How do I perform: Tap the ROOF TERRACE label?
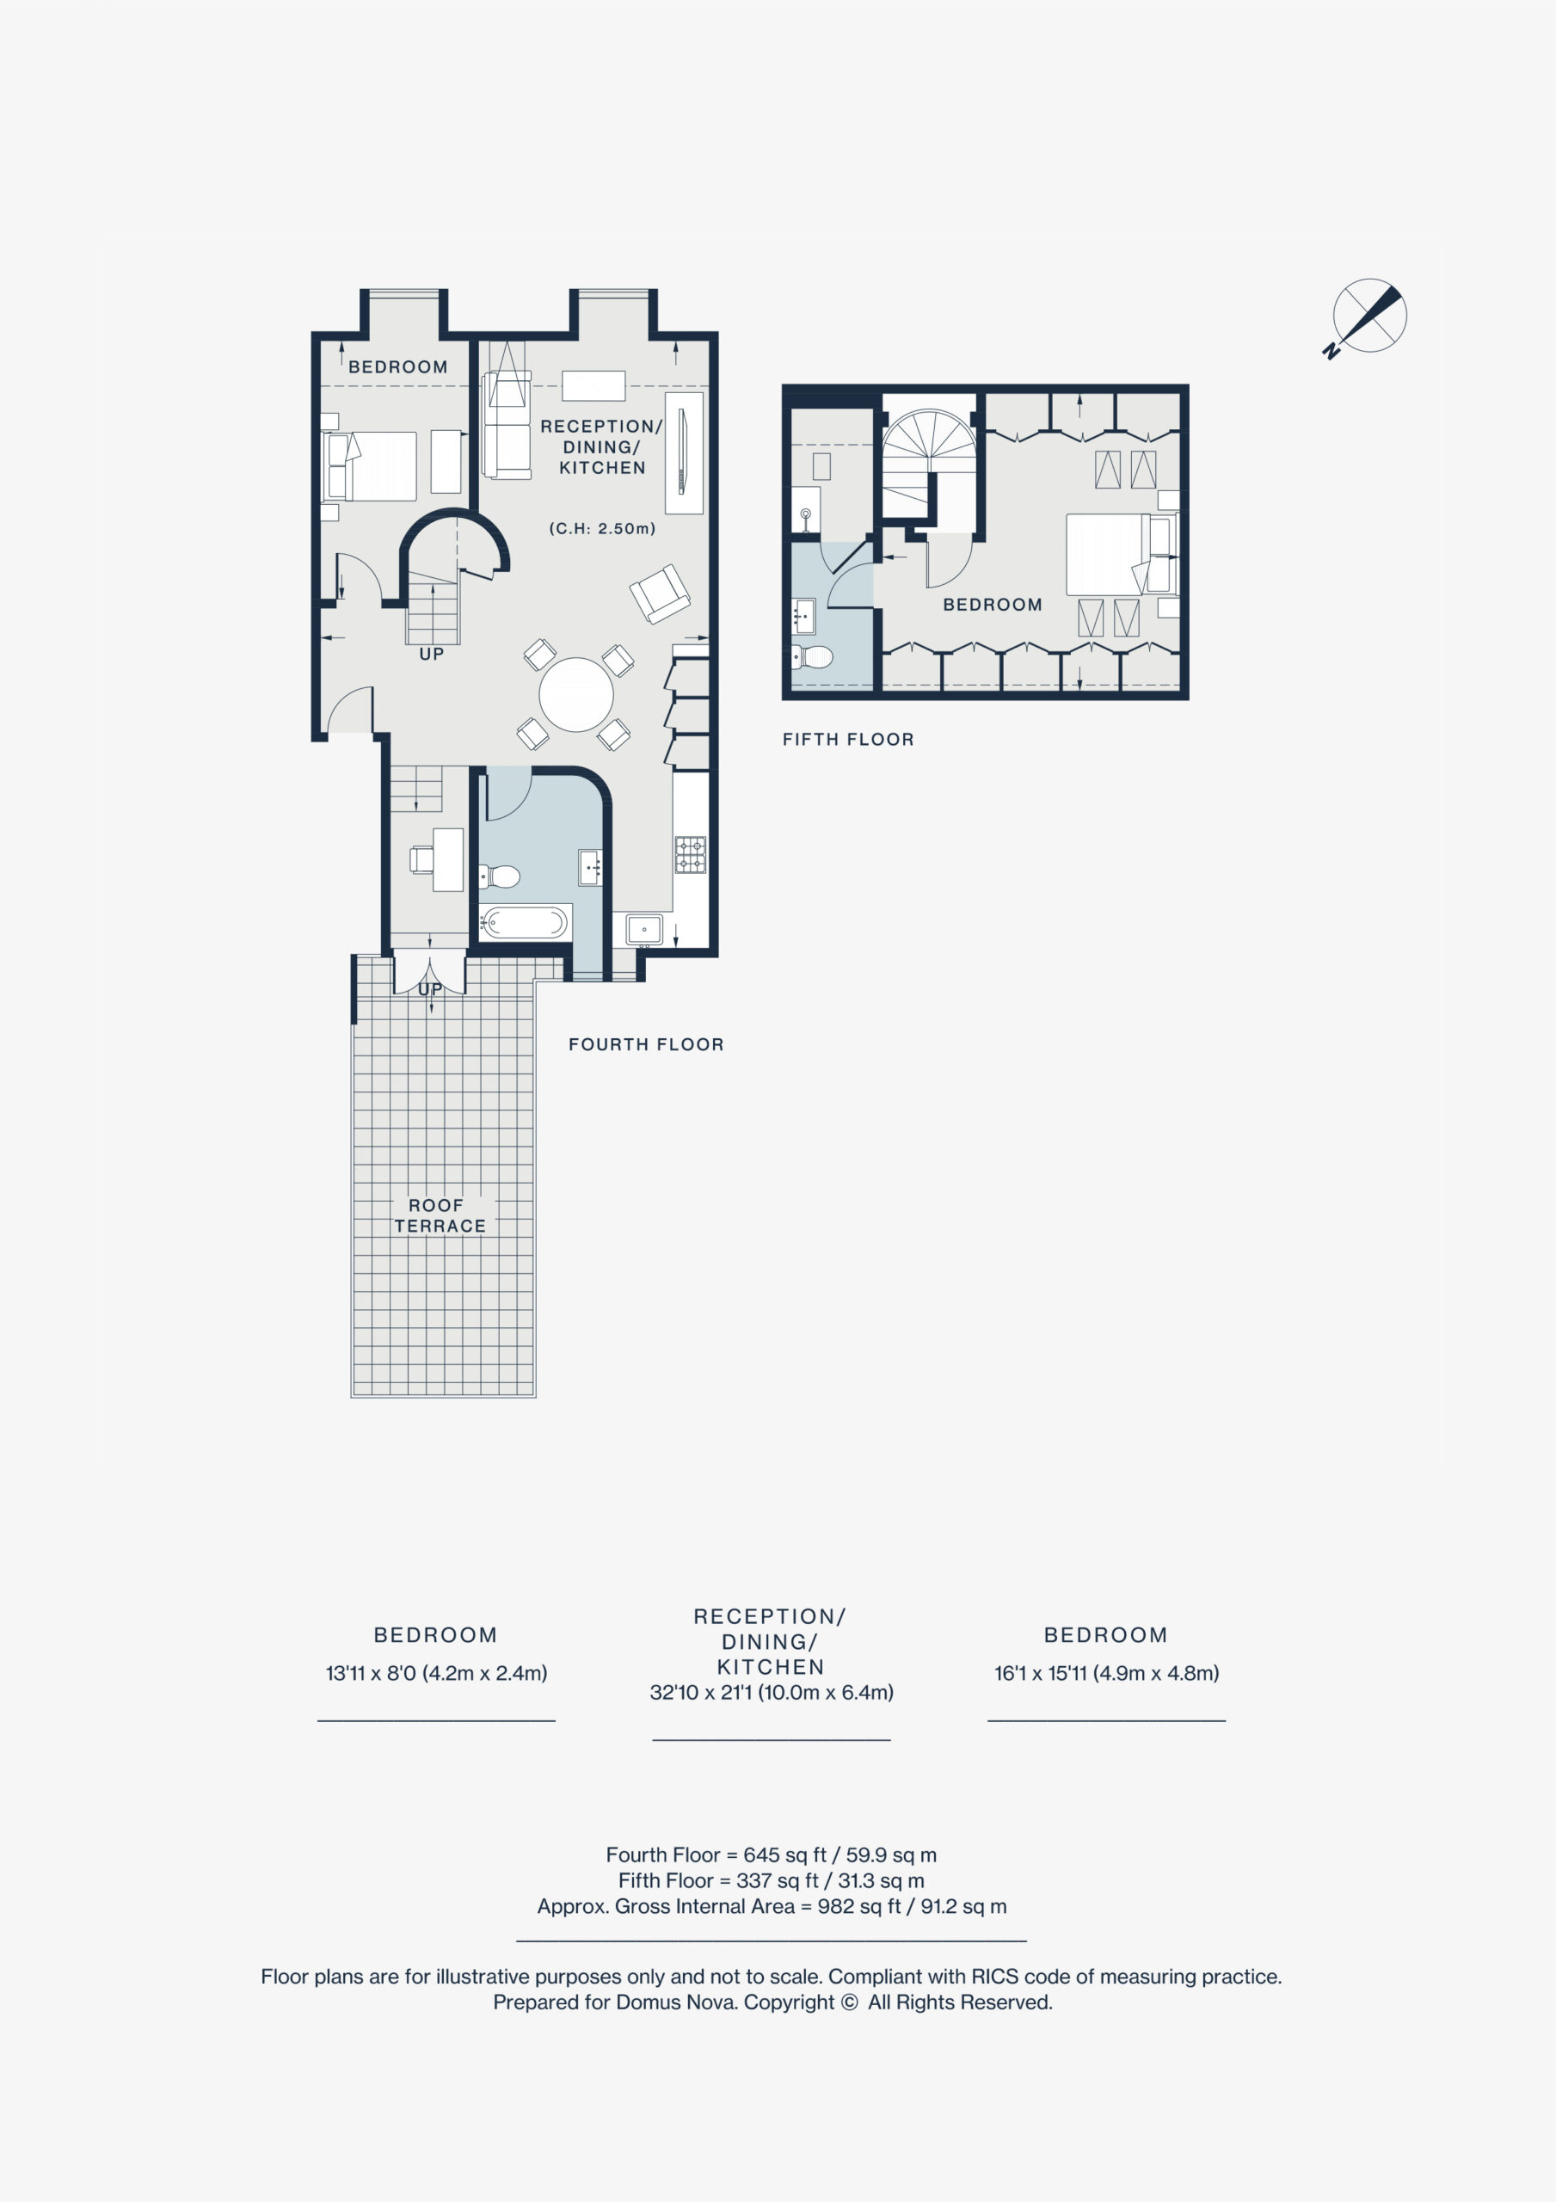click(x=440, y=1215)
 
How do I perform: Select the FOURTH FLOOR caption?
click(x=646, y=1044)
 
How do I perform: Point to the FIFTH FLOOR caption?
click(x=848, y=740)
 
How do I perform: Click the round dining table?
click(x=575, y=694)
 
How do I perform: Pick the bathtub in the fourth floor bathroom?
click(x=524, y=923)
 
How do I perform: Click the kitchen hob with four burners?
click(x=691, y=854)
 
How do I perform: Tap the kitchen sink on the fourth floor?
click(x=643, y=929)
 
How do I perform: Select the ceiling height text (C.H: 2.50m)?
click(x=602, y=528)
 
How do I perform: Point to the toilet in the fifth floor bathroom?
click(x=812, y=657)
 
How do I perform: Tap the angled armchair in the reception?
click(x=660, y=594)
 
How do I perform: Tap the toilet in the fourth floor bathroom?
click(x=500, y=876)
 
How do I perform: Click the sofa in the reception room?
click(x=507, y=426)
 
